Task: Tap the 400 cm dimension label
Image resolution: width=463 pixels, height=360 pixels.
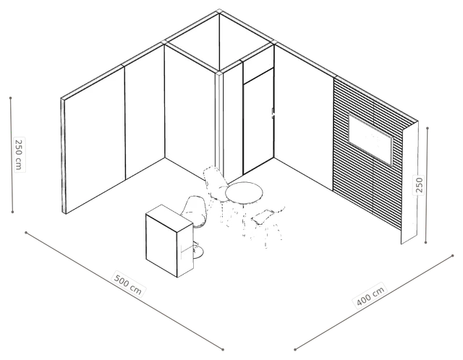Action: coord(370,295)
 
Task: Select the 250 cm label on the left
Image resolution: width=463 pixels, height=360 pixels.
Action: coord(19,154)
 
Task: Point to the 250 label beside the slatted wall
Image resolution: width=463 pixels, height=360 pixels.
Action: coord(419,184)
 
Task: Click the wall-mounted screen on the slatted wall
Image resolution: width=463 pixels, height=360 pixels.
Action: coord(370,140)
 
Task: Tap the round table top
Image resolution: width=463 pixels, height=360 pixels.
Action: coord(244,193)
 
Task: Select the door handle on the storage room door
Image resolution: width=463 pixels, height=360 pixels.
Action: coord(273,113)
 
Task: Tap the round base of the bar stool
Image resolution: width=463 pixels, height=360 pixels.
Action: coord(197,252)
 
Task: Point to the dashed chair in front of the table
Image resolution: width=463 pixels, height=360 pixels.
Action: coord(267,225)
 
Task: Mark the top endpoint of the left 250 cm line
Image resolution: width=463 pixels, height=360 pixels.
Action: coord(11,98)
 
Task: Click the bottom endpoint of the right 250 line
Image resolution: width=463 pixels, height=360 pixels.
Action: coord(425,243)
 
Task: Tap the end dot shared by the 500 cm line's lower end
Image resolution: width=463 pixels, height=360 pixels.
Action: coord(223,350)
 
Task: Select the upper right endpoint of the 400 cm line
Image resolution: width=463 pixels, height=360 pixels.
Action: coord(453,256)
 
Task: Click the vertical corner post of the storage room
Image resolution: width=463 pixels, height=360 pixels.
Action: coord(218,124)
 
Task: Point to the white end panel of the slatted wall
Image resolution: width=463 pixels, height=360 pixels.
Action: coord(409,183)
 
